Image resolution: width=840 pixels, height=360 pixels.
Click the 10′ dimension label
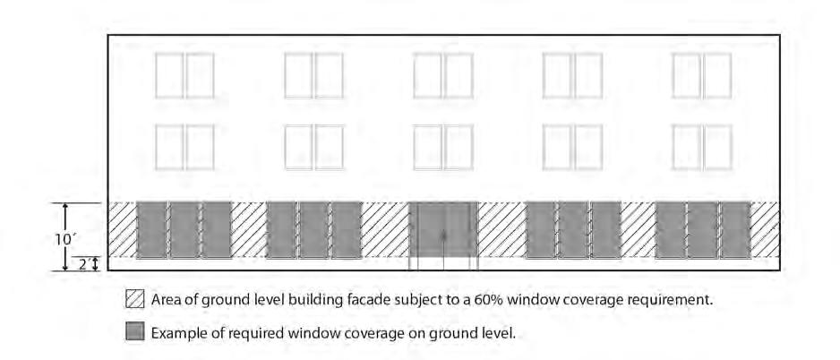pos(62,239)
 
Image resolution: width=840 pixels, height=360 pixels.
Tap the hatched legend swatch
pos(135,300)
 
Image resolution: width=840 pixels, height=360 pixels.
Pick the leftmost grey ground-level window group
pos(184,230)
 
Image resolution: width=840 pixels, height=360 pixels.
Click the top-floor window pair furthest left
pos(184,76)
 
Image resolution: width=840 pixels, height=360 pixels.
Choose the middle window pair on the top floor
pos(443,76)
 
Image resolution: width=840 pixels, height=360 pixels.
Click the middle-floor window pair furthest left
pos(184,146)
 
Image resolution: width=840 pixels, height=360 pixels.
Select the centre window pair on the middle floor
pos(443,146)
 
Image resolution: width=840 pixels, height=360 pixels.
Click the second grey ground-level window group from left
pos(313,230)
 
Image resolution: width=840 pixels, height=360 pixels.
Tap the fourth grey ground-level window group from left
pos(573,230)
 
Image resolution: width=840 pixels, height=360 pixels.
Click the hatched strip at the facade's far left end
pos(122,230)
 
